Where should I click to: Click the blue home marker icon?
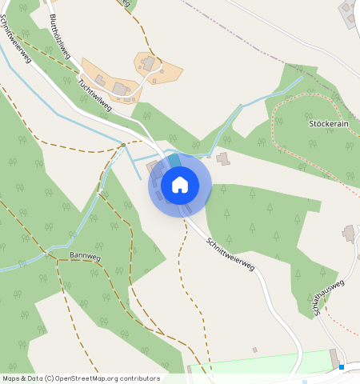click(180, 185)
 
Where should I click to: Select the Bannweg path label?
click(84, 256)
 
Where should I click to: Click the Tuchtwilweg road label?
click(94, 94)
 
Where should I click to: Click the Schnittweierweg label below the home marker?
click(230, 254)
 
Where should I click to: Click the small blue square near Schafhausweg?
click(342, 366)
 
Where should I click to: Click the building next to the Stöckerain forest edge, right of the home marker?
click(222, 158)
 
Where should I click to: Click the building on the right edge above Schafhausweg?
click(349, 234)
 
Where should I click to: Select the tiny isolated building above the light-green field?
click(254, 350)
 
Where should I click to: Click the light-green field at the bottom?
click(264, 364)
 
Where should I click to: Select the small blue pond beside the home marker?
click(174, 161)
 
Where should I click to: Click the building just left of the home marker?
click(152, 166)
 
